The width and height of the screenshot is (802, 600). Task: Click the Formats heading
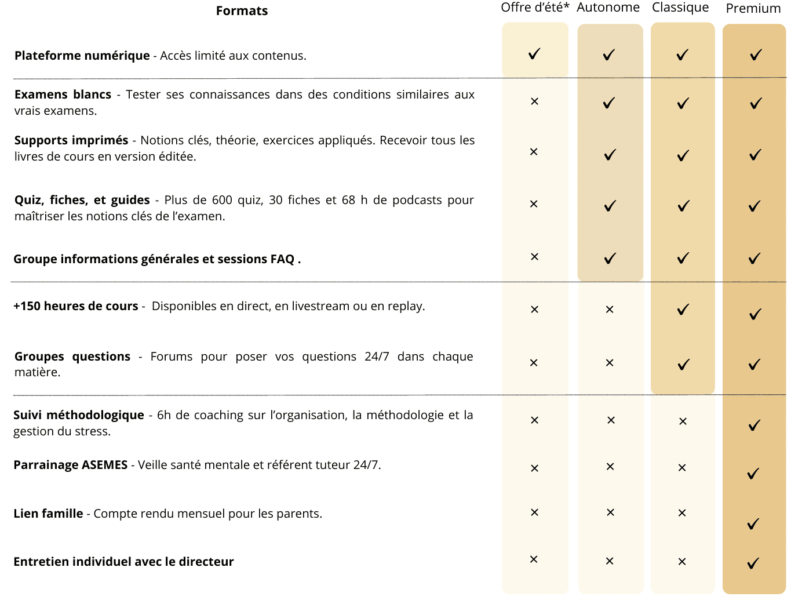(242, 11)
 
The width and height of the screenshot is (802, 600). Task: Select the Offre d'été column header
(534, 8)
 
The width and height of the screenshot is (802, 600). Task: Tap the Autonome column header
(608, 8)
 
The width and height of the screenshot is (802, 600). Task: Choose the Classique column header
(680, 8)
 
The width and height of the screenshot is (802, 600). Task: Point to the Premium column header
(753, 9)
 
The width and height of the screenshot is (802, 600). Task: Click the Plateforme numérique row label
(82, 56)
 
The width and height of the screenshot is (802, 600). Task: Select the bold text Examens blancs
(63, 94)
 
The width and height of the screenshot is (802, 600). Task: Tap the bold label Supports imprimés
(71, 140)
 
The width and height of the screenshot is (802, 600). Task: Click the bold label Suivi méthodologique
(79, 415)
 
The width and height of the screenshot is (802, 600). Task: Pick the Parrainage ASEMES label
(71, 465)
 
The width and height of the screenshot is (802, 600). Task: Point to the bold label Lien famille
(48, 514)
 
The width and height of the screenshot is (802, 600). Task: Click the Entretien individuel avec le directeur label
(123, 562)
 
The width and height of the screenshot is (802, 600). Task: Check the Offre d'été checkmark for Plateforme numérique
(534, 54)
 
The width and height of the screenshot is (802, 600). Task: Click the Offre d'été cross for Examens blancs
(534, 101)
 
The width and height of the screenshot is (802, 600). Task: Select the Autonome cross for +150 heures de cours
(609, 310)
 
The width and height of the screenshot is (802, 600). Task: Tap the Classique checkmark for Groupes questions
(684, 365)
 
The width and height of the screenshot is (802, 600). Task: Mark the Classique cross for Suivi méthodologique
(683, 421)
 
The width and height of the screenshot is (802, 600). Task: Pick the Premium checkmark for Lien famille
(753, 523)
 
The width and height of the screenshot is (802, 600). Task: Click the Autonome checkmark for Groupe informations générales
(610, 259)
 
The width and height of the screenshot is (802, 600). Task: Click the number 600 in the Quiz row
(222, 200)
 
